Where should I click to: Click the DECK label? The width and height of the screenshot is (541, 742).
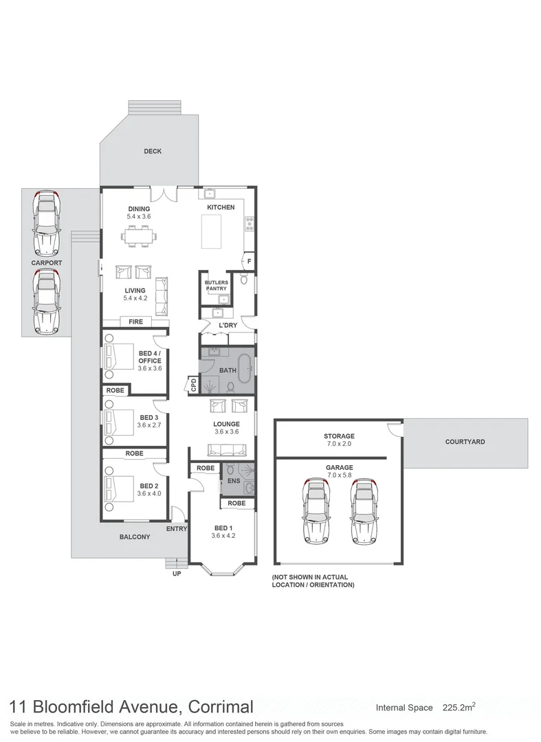pos(153,151)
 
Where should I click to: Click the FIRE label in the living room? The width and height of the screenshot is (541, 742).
pos(135,322)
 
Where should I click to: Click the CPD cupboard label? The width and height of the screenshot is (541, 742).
pos(193,385)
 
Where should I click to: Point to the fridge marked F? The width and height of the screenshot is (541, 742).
pos(249,261)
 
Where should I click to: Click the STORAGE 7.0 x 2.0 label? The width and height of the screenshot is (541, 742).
pos(339,440)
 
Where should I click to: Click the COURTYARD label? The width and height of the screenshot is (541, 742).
pos(465,442)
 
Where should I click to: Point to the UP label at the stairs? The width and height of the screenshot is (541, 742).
pos(176,574)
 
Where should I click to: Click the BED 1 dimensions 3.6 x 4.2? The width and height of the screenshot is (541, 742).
pos(223,535)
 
